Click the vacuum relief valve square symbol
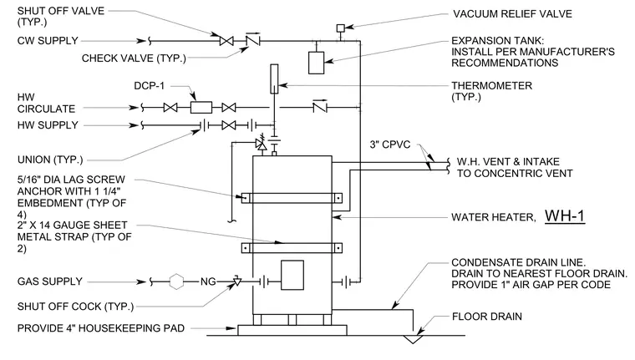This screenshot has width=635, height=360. [341, 28]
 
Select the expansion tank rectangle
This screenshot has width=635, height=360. [317, 63]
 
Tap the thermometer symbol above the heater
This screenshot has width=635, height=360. [274, 79]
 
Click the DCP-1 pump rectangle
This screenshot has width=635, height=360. [201, 107]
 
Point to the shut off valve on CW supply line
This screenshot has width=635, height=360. [226, 41]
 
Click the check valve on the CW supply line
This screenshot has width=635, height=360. [253, 40]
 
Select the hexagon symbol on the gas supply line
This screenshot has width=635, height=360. [176, 281]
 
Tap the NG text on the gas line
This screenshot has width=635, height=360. [208, 281]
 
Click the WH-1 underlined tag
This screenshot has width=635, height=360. [565, 216]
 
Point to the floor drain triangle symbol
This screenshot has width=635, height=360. [413, 339]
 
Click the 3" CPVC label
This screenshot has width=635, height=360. [390, 145]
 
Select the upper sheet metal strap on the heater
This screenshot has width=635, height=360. [292, 198]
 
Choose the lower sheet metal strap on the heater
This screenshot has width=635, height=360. [292, 248]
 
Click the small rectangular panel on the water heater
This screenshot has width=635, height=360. [292, 275]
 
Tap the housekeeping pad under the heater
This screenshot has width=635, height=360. [292, 330]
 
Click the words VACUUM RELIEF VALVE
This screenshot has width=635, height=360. [512, 13]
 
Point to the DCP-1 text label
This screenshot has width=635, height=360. [149, 86]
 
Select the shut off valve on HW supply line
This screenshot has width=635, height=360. [229, 125]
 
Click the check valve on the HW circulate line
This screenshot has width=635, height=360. [320, 107]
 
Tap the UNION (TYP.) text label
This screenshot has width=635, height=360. [50, 160]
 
